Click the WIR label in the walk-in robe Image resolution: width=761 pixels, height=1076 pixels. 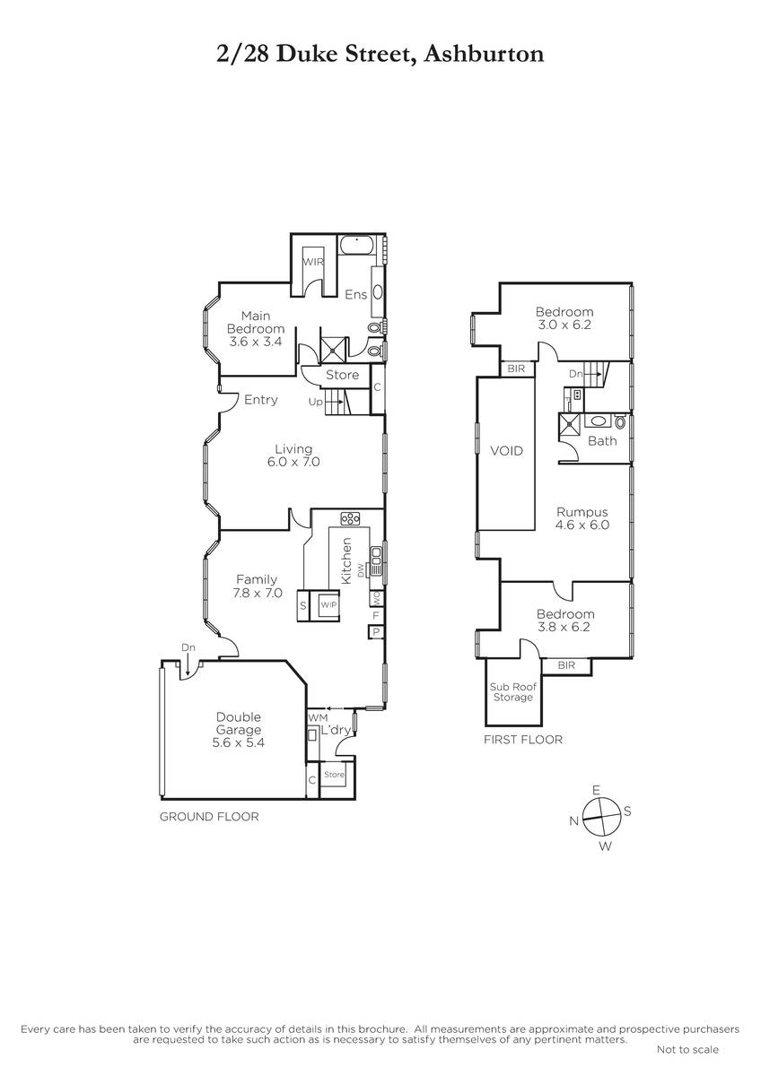313,262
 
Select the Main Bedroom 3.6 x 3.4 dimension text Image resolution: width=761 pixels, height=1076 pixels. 255,342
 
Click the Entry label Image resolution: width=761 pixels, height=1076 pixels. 260,400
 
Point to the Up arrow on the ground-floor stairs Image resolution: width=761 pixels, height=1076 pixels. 334,402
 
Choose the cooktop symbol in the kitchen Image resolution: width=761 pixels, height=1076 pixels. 351,518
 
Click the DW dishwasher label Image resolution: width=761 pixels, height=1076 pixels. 361,570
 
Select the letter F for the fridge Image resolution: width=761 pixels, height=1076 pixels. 376,615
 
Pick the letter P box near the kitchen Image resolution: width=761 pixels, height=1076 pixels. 375,632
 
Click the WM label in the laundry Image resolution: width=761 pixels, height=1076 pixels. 318,717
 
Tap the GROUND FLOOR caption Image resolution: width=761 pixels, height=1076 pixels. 209,817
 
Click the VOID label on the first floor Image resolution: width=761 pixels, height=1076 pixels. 506,450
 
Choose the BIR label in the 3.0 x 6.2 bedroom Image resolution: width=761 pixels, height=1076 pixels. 516,369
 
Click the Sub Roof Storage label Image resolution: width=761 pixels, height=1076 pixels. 513,691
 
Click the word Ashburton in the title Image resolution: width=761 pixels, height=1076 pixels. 485,55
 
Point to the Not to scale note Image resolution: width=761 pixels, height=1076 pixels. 687,1050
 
